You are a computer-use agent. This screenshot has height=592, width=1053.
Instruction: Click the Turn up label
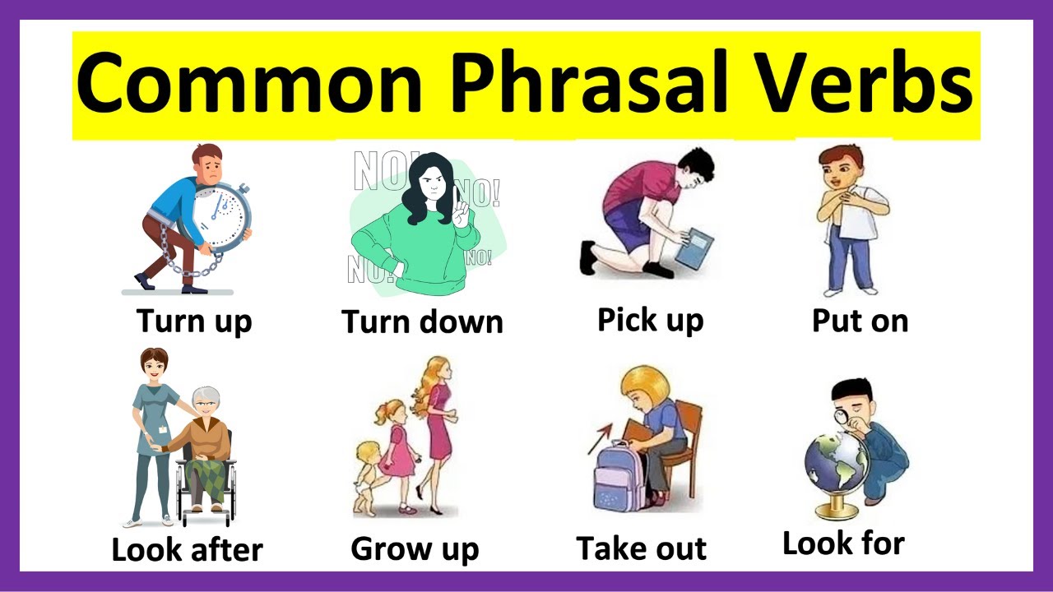tap(193, 320)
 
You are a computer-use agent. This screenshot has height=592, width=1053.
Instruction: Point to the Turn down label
tap(422, 321)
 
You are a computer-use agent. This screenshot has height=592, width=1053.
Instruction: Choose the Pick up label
tap(650, 319)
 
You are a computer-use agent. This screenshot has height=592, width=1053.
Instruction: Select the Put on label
tap(860, 320)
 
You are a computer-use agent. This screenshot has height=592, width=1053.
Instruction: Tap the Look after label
tap(187, 549)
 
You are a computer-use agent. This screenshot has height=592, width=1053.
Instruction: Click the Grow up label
tap(415, 548)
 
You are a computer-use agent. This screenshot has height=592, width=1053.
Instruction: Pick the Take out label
tap(641, 548)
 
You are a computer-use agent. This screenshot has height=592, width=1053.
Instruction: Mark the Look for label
tap(843, 543)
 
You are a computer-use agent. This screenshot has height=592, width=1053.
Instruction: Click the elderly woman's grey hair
tap(206, 400)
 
